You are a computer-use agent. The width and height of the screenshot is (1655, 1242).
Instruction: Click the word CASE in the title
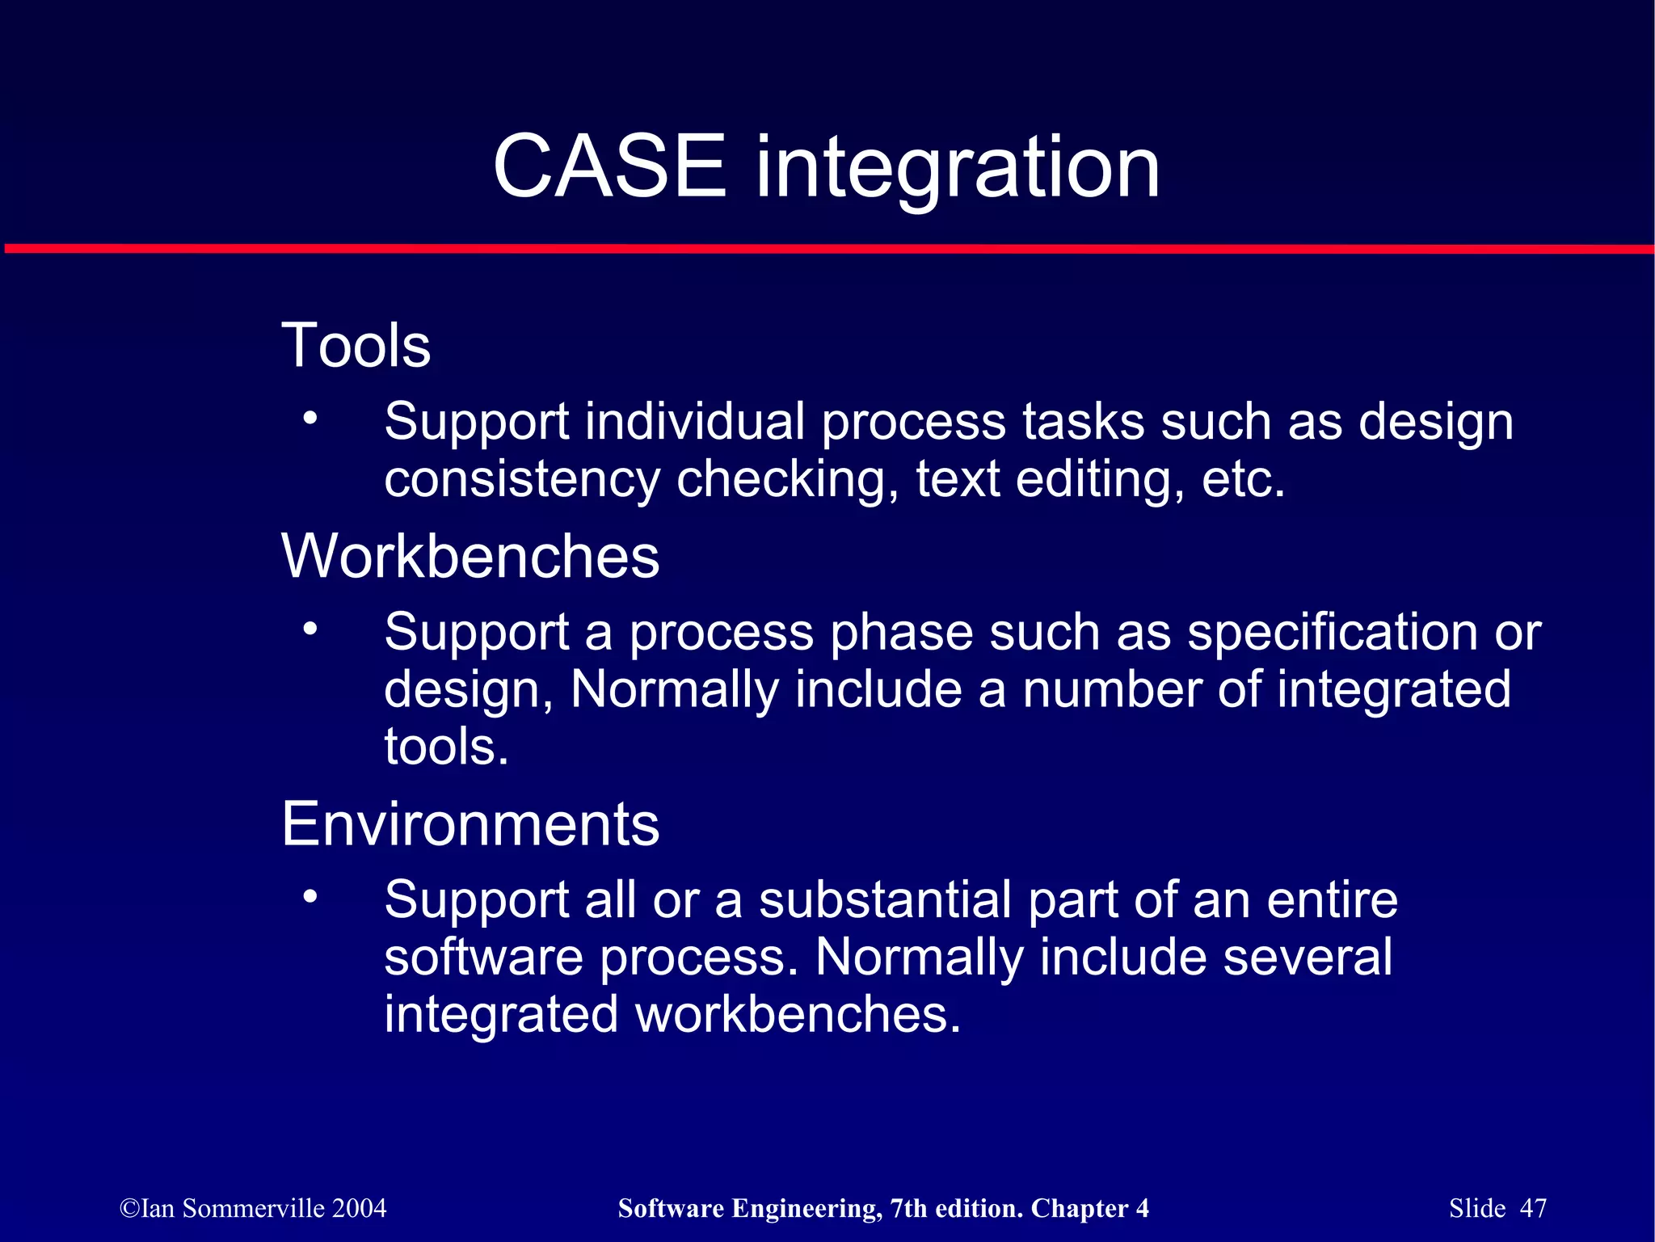pos(609,167)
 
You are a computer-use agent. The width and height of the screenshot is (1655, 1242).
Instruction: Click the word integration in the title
pos(957,170)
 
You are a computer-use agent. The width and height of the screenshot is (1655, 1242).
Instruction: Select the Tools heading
pos(356,346)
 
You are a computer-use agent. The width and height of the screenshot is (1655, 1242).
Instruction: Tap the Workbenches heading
pos(470,557)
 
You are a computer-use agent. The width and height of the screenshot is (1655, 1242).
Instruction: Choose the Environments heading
pos(470,824)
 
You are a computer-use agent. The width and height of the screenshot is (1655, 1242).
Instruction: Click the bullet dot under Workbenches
pos(310,628)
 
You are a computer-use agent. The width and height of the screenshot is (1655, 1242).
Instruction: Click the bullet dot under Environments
pos(310,896)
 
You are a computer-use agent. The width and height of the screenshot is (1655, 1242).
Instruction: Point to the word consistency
pos(522,480)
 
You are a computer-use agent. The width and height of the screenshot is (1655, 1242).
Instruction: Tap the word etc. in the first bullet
pos(1243,480)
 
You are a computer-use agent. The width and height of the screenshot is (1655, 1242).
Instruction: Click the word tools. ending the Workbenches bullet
pos(446,747)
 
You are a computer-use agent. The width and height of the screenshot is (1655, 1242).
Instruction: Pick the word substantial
pos(885,900)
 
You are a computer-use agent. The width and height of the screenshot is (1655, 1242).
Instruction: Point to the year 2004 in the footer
pos(359,1208)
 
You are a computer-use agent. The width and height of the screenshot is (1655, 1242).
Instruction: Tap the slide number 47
pos(1533,1208)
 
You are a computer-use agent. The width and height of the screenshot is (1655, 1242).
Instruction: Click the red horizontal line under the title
pos(827,249)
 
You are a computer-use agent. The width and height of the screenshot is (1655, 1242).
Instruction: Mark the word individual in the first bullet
pos(695,423)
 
